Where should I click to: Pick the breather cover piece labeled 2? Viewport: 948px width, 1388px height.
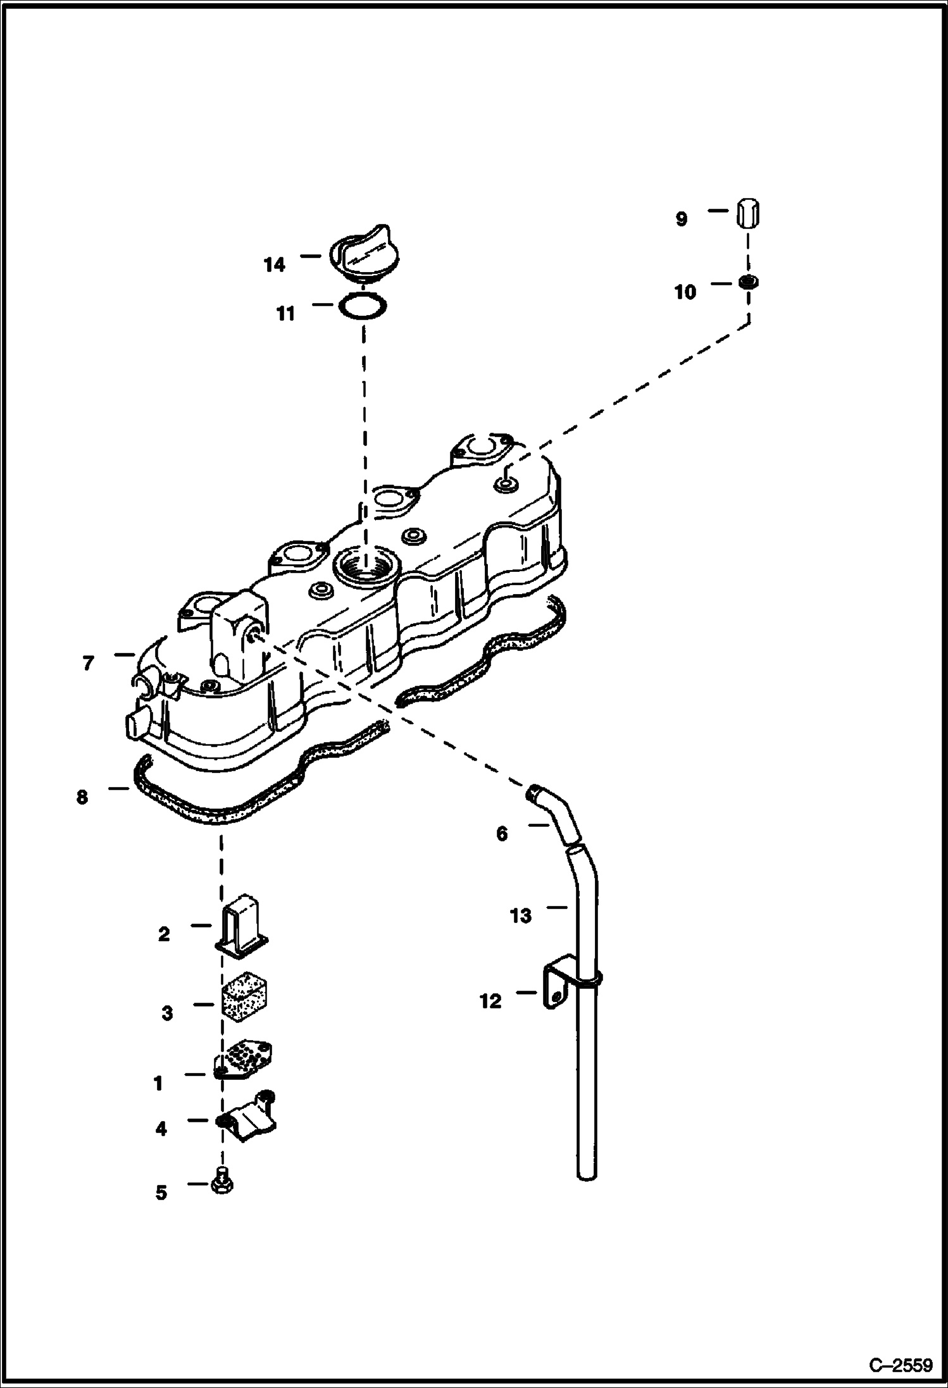(244, 933)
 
